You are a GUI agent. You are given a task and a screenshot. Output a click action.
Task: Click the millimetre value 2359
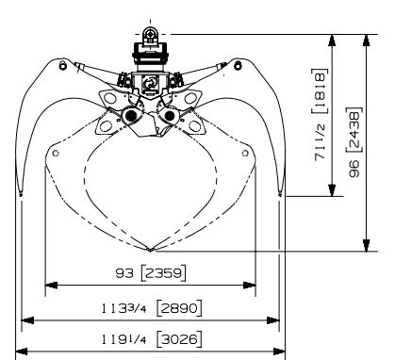pyautogui.click(x=164, y=273)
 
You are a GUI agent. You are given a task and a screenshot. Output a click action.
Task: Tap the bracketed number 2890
pyautogui.click(x=179, y=308)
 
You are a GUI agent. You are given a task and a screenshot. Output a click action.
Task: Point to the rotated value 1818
pyautogui.click(x=321, y=91)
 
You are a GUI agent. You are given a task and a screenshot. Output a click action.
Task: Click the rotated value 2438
pyautogui.click(x=355, y=129)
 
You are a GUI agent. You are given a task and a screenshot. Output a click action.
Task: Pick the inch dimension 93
pyautogui.click(x=124, y=273)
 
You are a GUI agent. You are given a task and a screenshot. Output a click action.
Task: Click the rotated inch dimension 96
pyautogui.click(x=355, y=169)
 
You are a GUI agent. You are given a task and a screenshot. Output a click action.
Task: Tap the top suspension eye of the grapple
pyautogui.click(x=150, y=33)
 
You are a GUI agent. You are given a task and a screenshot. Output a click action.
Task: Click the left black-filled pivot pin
pyautogui.click(x=130, y=116)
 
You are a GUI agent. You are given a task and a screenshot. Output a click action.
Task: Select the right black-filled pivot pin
pyautogui.click(x=170, y=116)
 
